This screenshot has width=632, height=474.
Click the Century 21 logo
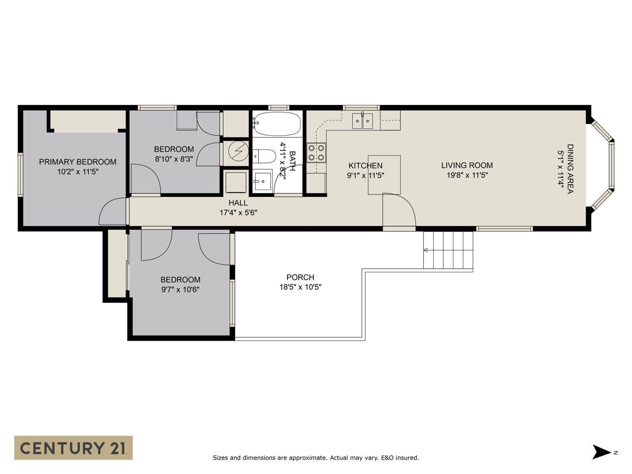point(73,447)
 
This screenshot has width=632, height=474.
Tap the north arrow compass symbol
point(602,452)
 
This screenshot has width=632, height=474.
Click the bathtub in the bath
point(277,123)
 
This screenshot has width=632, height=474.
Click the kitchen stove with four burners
point(316,153)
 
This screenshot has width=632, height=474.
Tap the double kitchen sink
point(362,121)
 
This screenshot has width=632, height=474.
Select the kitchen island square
point(384,174)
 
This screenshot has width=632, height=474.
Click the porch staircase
point(448,250)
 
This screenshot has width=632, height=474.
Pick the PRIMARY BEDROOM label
point(78,162)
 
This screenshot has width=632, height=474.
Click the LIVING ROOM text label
point(467,166)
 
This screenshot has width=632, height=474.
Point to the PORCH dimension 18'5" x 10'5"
point(300,287)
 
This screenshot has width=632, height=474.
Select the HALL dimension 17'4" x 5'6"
point(238,213)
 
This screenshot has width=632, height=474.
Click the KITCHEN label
point(365,166)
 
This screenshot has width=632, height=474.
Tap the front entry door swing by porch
point(399,211)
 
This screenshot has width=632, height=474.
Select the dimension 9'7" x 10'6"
point(180,289)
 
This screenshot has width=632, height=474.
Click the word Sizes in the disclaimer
point(221,458)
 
